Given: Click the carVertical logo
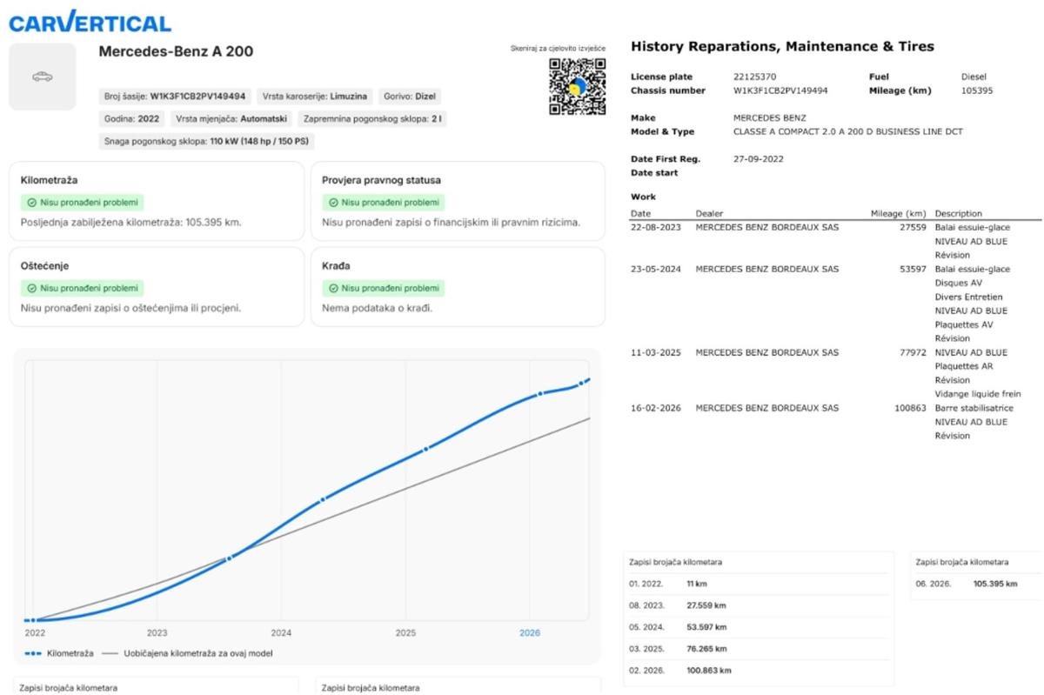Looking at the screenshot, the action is pos(90,22).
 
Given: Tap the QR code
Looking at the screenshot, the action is pos(577,86).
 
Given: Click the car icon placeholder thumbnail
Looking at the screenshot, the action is pos(43,77).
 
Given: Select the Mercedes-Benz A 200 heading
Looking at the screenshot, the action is pos(176,50).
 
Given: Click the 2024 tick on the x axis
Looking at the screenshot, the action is pos(281,632).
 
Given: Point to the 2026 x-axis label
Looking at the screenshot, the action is pos(530,632).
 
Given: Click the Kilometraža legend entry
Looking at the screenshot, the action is pos(59,653).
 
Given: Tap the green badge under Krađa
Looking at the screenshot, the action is pos(384,288).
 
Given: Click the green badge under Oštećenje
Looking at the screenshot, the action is pos(82,288).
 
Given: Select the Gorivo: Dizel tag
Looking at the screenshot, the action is pos(410,97).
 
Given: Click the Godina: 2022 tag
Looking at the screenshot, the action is pos(131,119).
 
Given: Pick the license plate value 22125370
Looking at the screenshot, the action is pos(754,77).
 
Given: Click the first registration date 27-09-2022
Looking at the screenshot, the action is pos(759,159).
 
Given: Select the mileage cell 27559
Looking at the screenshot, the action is pos(913,227).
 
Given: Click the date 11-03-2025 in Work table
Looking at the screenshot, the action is pos(656,352).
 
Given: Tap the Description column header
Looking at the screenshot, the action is pos(958,213).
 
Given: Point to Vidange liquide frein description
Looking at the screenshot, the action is pos(978,394).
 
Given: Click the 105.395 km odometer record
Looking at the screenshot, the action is pos(995,584).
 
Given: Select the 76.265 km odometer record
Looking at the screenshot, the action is pos(706,648).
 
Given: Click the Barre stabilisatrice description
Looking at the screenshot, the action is pos(974,408).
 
